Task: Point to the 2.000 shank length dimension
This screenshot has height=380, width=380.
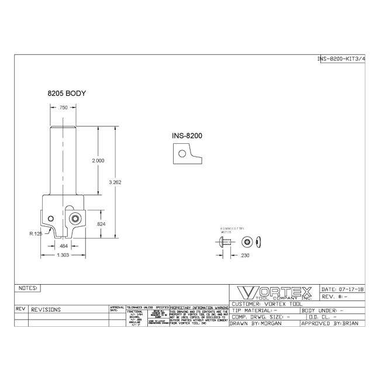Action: [99, 160]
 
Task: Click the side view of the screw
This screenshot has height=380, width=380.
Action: [227, 241]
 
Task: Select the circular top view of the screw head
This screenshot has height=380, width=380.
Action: [250, 241]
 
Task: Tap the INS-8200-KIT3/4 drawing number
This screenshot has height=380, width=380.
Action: [341, 59]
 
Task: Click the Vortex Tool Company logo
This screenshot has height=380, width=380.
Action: [273, 292]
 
